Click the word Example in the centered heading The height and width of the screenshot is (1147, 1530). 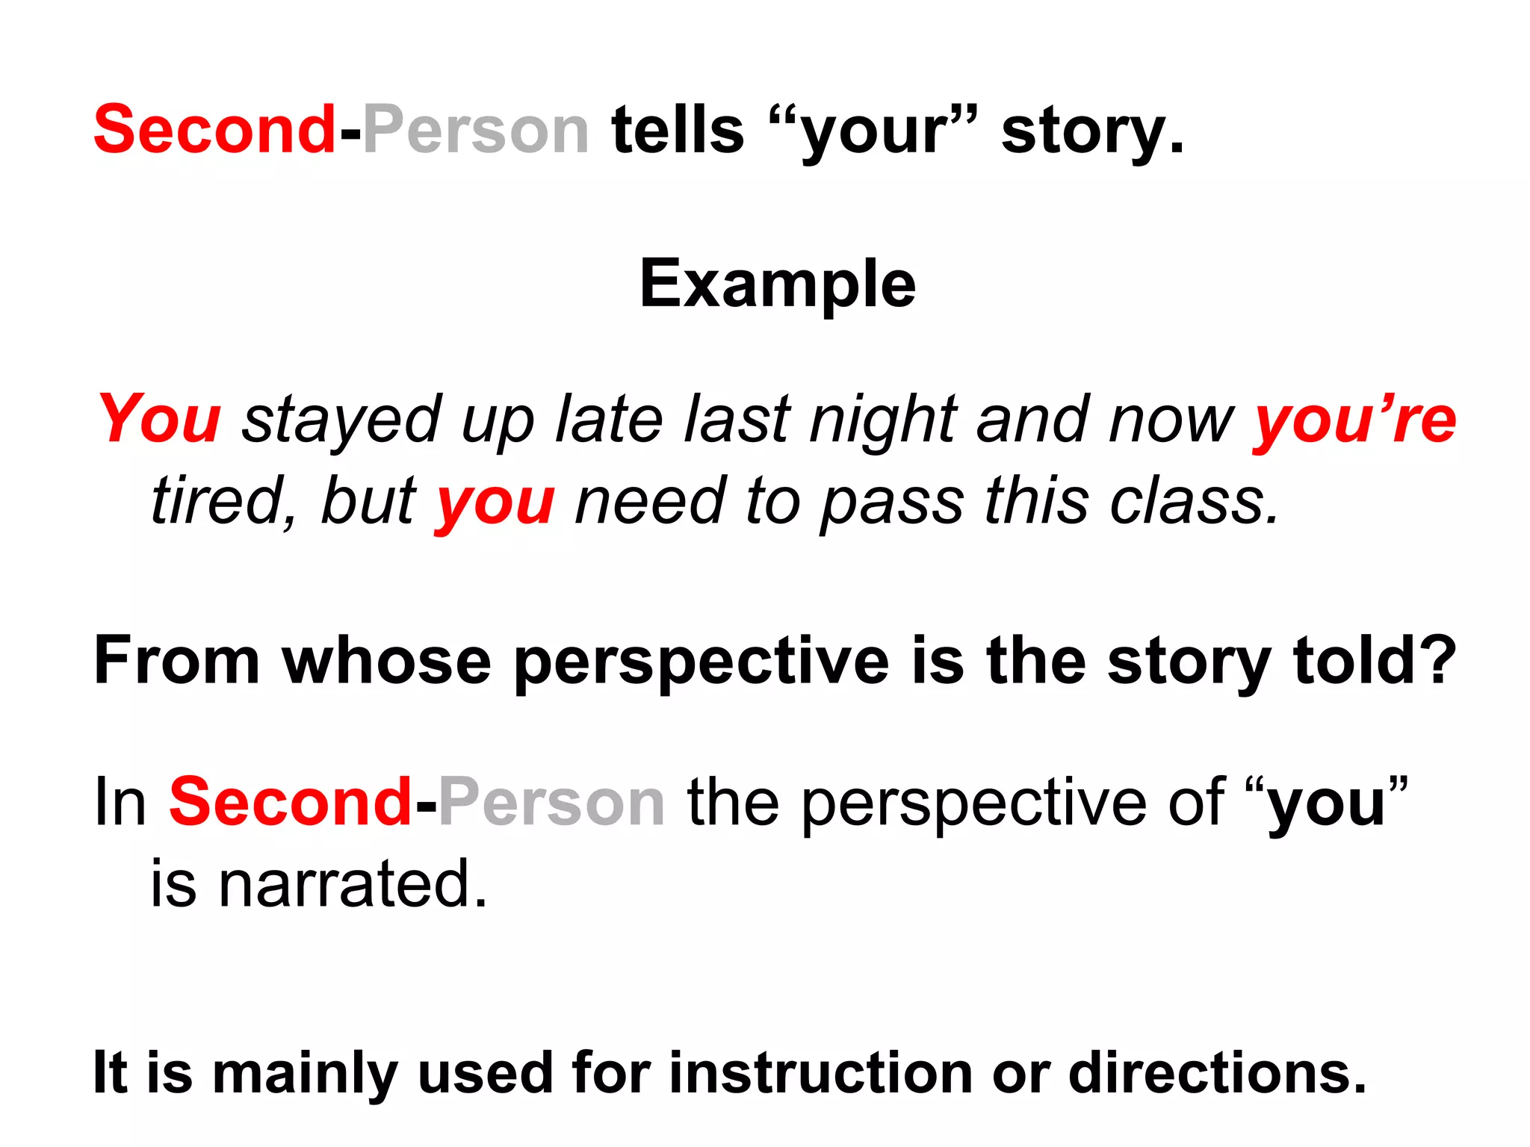778,285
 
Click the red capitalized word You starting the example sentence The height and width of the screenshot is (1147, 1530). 159,420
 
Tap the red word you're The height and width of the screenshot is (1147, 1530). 1354,420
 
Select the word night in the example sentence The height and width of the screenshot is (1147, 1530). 883,420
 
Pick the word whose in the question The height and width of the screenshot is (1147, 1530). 385,661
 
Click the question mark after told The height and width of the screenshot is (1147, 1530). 1438,661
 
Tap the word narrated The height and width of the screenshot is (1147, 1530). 353,883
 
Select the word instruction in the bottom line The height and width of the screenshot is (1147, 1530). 820,1073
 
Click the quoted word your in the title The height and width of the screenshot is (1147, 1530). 873,131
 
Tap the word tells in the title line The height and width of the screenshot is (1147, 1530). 678,130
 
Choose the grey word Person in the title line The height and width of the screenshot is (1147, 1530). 477,130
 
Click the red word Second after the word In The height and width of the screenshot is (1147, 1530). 291,803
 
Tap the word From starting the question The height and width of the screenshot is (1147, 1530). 176,661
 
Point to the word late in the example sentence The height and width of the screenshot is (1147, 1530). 609,420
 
